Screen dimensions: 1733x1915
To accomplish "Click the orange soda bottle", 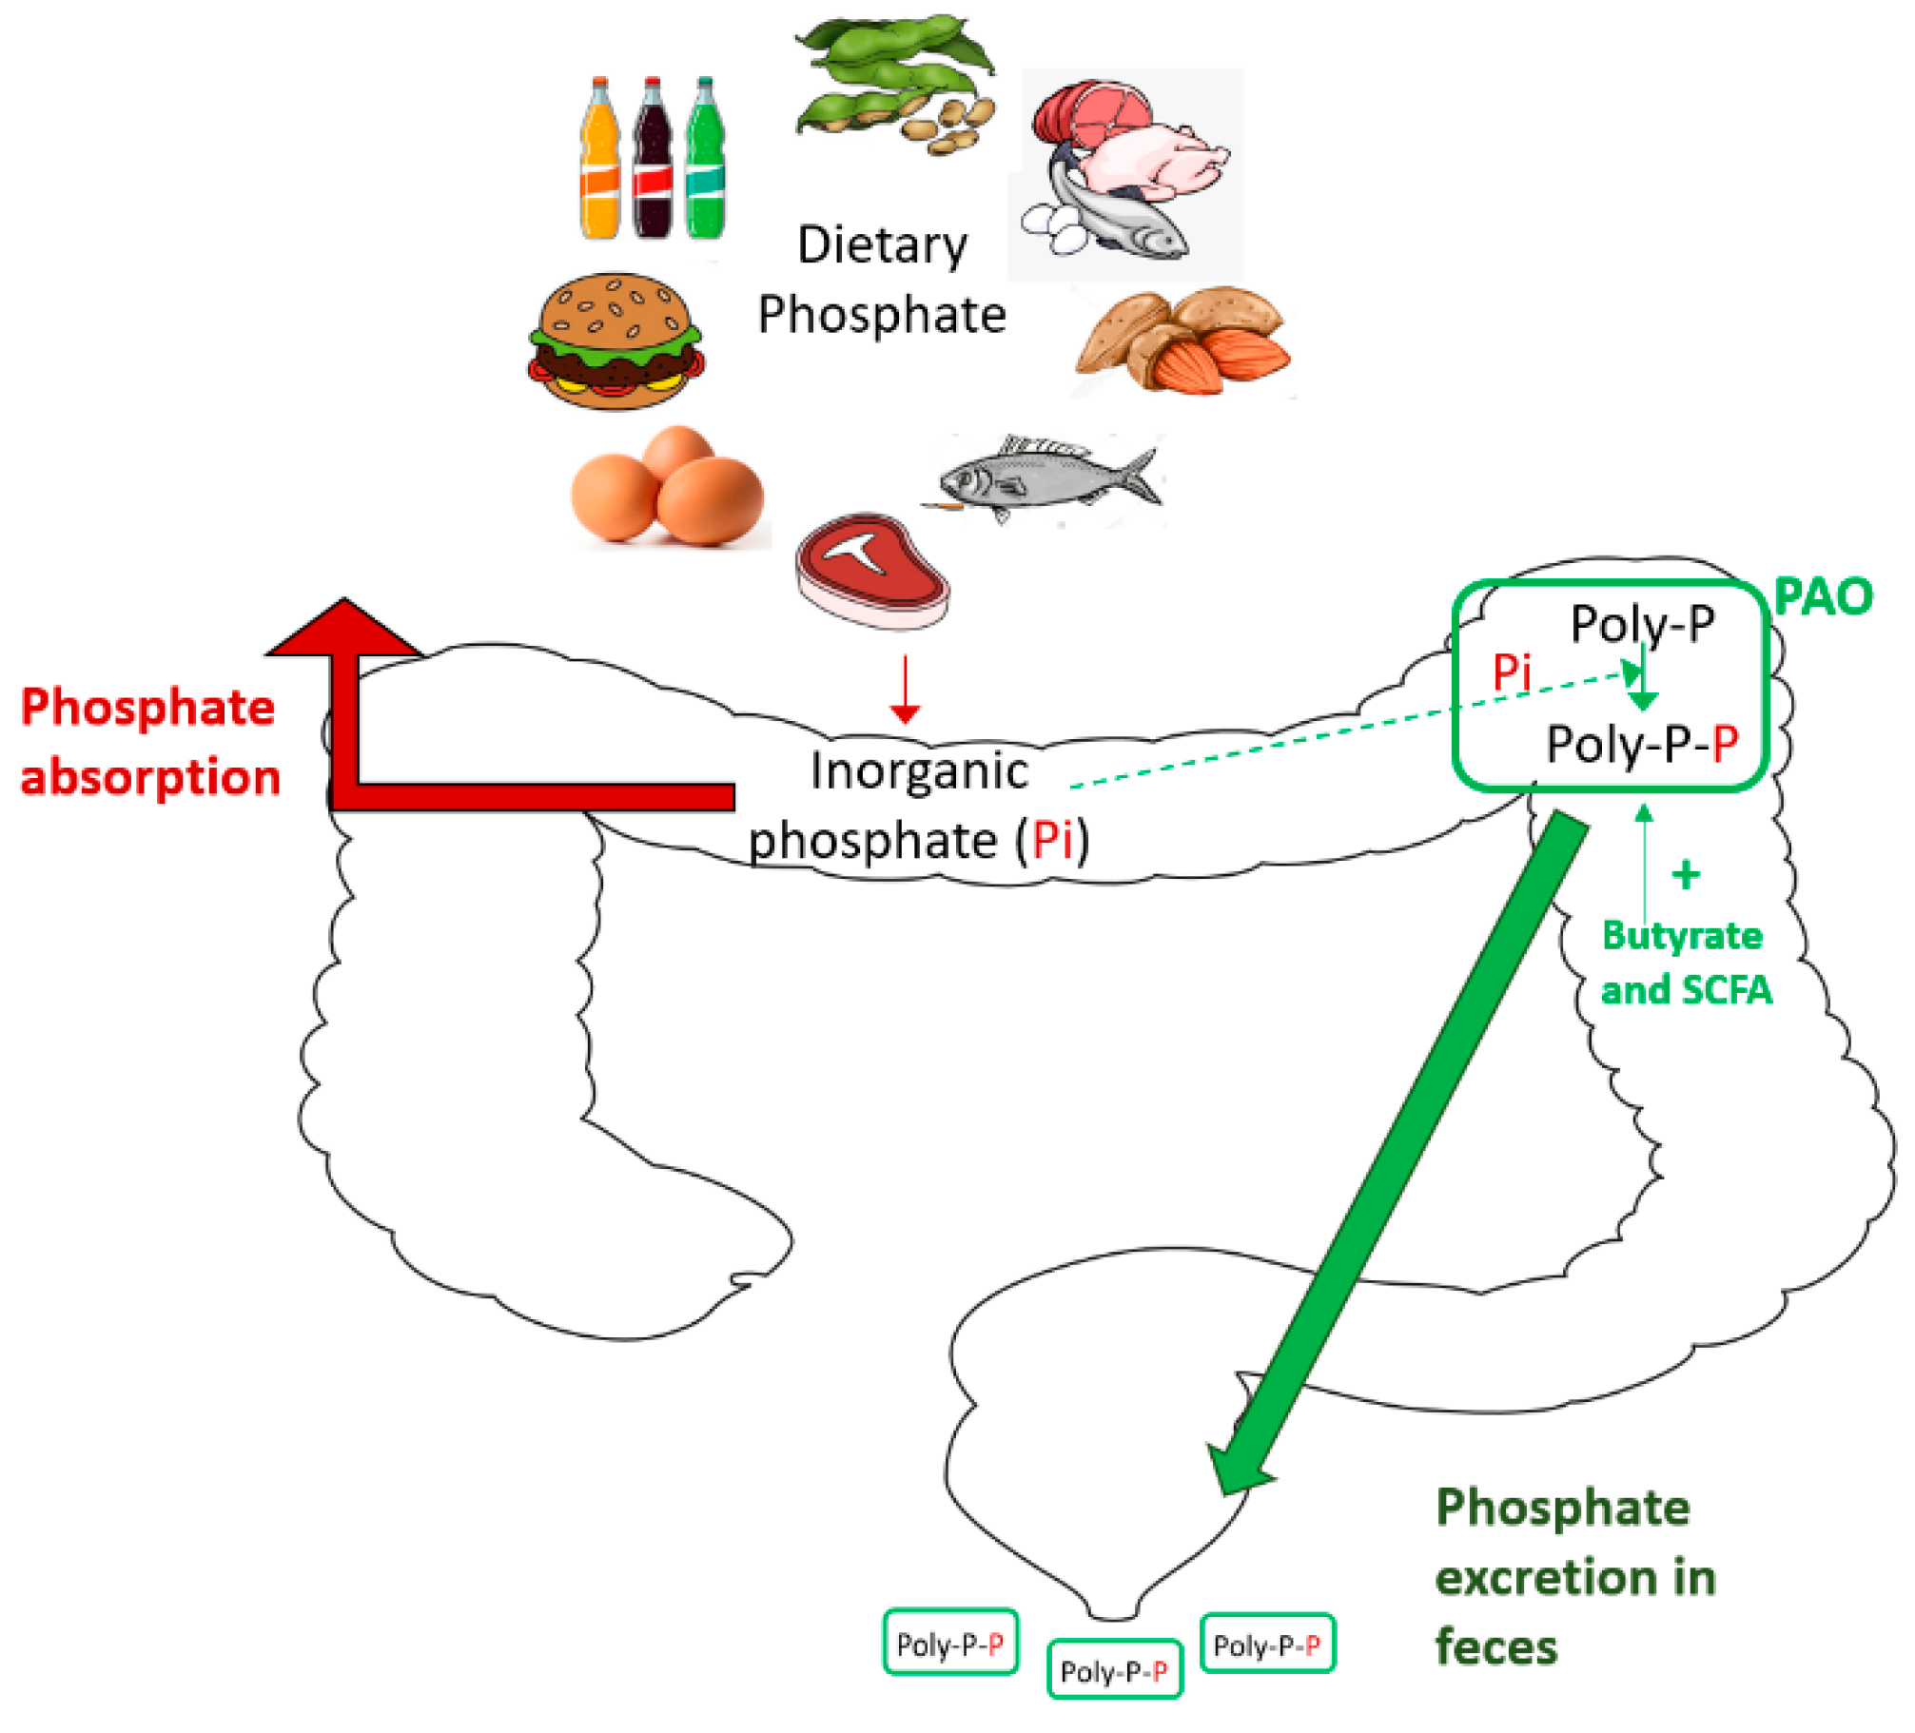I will (x=599, y=160).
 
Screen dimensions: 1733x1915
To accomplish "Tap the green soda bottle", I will (x=705, y=160).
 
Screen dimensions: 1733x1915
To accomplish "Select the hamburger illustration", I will (x=616, y=342).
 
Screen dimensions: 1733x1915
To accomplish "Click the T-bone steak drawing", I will (x=872, y=571).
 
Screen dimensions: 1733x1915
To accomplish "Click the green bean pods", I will (x=894, y=81).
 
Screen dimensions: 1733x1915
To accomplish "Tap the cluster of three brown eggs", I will (x=668, y=487).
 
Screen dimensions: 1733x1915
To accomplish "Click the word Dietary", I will (x=882, y=245).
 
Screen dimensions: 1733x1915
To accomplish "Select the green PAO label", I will (x=1823, y=598).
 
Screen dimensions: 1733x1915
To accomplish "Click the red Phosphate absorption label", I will (x=150, y=742).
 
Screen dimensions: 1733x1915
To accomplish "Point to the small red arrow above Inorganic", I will (x=905, y=690).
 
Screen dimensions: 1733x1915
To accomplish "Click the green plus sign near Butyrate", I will (x=1686, y=875).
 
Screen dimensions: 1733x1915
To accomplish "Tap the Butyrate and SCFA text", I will (x=1686, y=963).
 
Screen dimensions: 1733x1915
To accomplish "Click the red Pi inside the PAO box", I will (x=1511, y=673).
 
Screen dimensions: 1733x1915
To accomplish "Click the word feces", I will (x=1495, y=1647).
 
